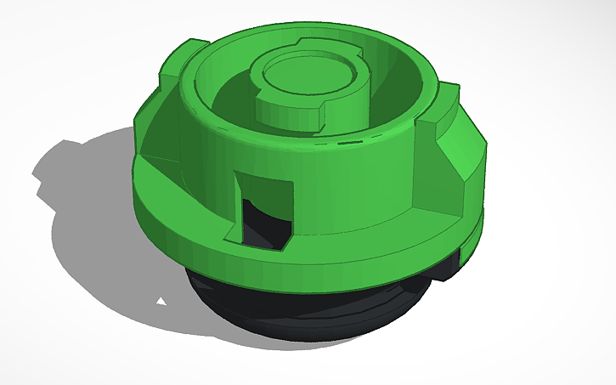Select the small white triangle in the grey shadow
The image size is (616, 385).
click(x=160, y=301)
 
